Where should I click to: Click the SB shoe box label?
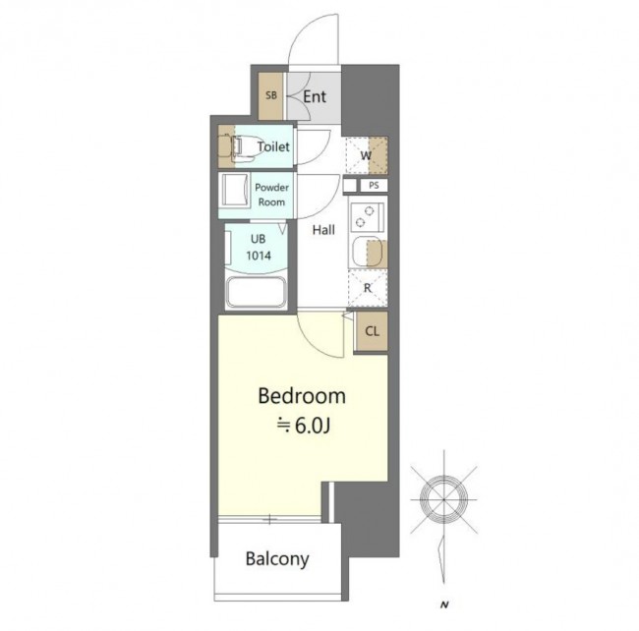[x=271, y=95]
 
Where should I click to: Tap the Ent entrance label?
[x=315, y=96]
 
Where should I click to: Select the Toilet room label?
[x=273, y=146]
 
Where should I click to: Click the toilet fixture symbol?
[x=240, y=146]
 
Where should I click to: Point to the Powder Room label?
[x=271, y=195]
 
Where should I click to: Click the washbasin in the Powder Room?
[x=234, y=191]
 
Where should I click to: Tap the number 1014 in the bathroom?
[x=259, y=256]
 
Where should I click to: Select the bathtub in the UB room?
[x=257, y=292]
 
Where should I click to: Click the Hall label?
[x=323, y=230]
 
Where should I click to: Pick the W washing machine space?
[x=367, y=155]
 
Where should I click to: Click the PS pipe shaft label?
[x=374, y=186]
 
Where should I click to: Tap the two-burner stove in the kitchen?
[x=367, y=216]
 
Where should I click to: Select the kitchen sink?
[x=368, y=252]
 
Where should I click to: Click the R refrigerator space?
[x=368, y=288]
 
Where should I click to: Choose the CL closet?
[x=372, y=331]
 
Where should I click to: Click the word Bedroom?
[x=302, y=396]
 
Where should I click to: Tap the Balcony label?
[x=277, y=559]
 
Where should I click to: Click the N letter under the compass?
[x=444, y=604]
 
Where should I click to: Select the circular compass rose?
[x=443, y=499]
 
